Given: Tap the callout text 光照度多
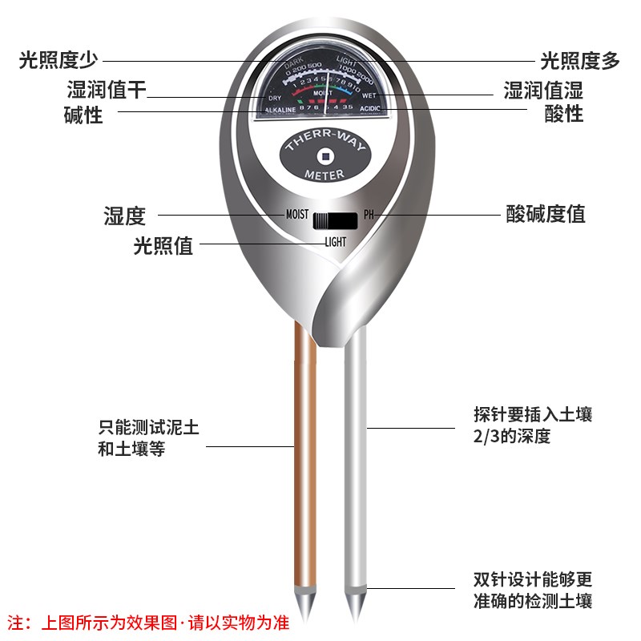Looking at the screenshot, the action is tap(581, 60).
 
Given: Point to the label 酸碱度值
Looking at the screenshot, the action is tap(546, 214).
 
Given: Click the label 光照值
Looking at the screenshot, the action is tap(163, 245).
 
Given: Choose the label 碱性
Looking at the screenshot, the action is tap(83, 115).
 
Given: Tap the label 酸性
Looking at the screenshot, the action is tap(564, 114).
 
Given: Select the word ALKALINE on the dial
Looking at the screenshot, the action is tap(280, 109).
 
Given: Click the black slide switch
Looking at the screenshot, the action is tap(336, 220).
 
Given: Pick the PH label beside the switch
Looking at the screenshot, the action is tap(369, 215).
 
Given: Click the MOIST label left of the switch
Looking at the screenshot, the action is tap(297, 215).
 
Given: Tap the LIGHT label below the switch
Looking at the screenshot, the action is tap(335, 241).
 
